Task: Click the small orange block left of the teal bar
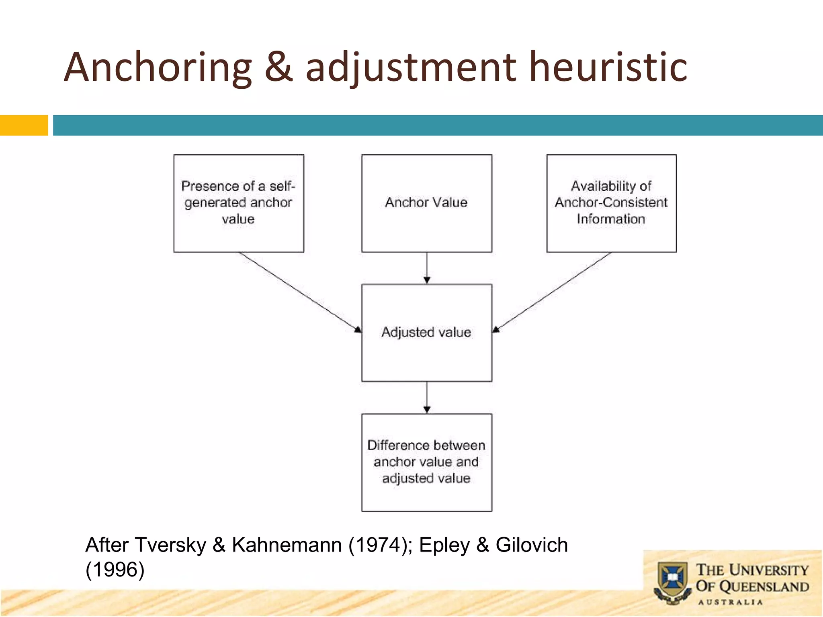click(24, 125)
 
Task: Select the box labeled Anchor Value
click(426, 203)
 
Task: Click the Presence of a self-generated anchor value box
click(238, 203)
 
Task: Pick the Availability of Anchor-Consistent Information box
click(611, 203)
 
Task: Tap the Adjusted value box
click(426, 333)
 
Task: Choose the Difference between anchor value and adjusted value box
click(426, 462)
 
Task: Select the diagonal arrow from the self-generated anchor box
click(299, 292)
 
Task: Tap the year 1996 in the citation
click(115, 570)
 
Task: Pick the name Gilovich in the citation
click(531, 545)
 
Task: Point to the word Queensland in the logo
click(764, 587)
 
